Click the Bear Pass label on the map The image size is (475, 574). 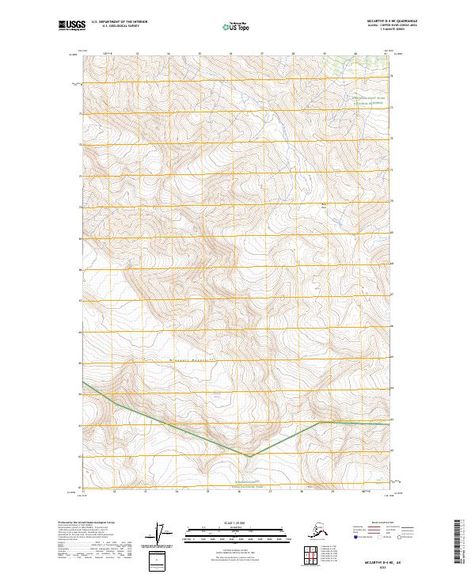[323, 208]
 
